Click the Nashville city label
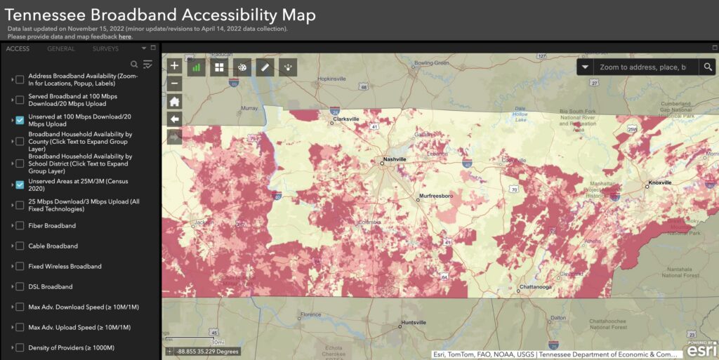point(396,159)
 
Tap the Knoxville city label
point(659,182)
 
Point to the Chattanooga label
point(536,287)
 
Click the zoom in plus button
point(175,66)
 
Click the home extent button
point(175,101)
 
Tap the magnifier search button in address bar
point(708,67)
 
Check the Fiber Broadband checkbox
point(20,226)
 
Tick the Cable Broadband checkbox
point(20,246)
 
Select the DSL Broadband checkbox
point(20,287)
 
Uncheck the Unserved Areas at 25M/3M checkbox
point(20,185)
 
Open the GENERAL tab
point(61,48)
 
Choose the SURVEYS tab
point(106,48)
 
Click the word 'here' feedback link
point(124,36)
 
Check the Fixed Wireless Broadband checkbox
point(20,267)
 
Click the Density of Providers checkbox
point(20,348)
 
